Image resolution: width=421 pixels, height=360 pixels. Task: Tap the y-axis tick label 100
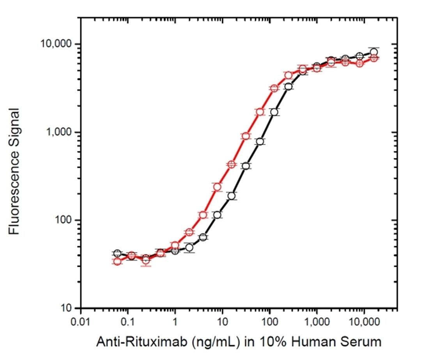(62, 220)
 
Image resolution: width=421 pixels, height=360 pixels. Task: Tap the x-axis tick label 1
(175, 323)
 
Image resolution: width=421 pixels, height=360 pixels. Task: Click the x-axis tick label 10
(222, 323)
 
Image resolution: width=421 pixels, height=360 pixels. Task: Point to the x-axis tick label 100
(269, 323)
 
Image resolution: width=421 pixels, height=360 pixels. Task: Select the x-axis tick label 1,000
(316, 323)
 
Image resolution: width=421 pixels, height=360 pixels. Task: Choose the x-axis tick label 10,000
(363, 323)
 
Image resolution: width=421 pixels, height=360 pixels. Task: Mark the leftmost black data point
(117, 254)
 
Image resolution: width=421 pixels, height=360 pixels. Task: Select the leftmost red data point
(117, 261)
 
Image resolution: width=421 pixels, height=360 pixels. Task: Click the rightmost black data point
(374, 52)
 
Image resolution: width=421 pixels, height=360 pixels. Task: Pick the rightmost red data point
(374, 58)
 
